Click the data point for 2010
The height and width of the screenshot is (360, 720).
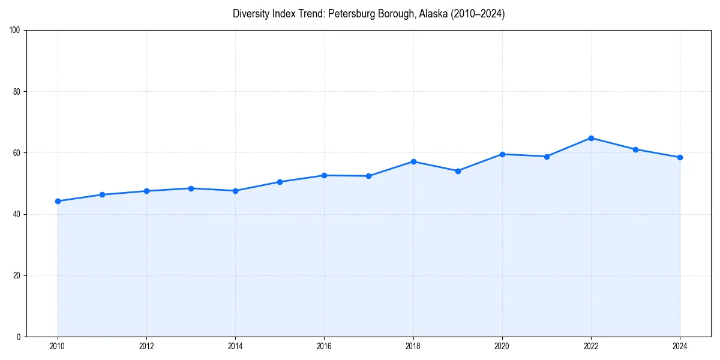coord(58,201)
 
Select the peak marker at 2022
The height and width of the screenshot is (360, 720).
coord(591,138)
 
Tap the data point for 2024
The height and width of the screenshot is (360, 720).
coord(680,157)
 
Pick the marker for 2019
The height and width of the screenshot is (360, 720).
coord(458,171)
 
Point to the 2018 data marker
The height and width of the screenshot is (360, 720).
coord(413,161)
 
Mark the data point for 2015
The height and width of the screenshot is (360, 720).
coord(280,182)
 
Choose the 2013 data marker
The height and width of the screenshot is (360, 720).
coord(191,188)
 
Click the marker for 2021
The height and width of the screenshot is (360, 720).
coord(547,157)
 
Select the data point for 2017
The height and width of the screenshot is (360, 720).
coord(369,176)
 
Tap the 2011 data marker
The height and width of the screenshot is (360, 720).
coord(102,194)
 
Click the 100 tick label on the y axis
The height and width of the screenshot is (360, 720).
coord(15,30)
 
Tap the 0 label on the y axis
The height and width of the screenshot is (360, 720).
coord(19,337)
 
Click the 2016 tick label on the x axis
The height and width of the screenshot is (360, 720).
coord(325,346)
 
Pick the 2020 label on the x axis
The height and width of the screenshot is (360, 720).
coord(502,346)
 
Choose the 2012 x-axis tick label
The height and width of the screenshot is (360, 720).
coord(146,346)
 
